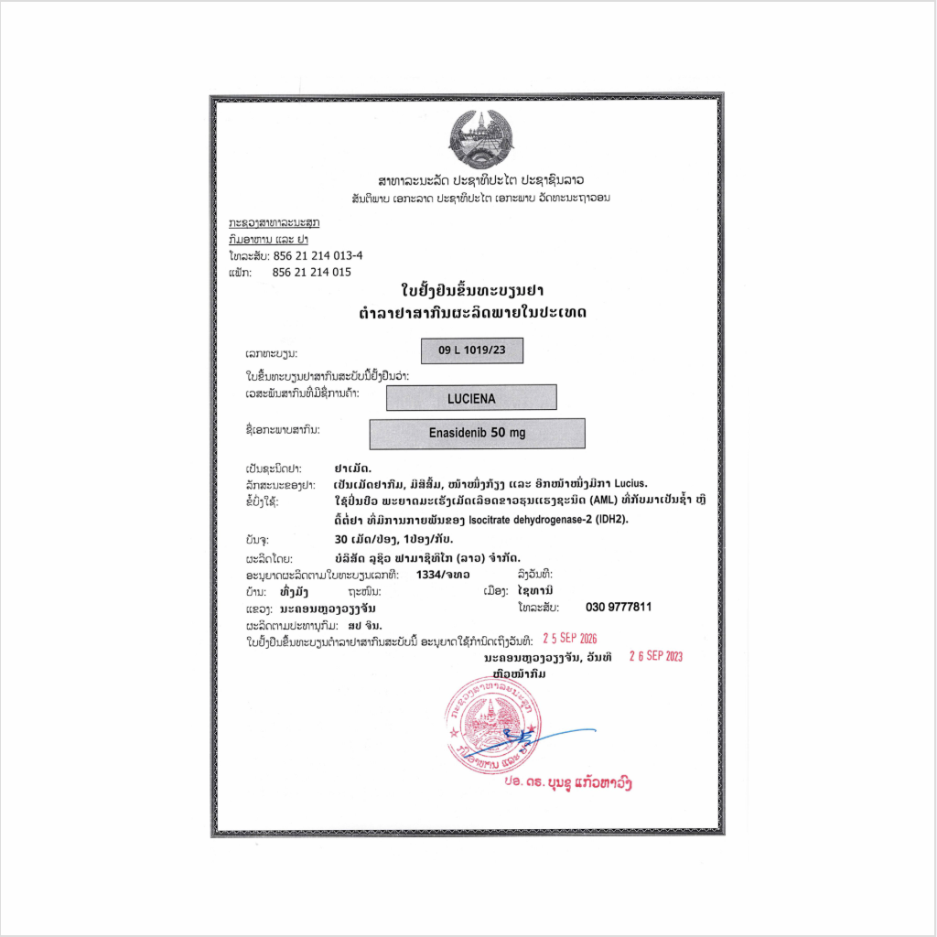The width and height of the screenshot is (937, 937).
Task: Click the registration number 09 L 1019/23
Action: [x=471, y=350]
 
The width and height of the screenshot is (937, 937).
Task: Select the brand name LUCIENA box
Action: [x=471, y=398]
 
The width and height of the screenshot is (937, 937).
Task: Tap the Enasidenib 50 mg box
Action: [x=477, y=434]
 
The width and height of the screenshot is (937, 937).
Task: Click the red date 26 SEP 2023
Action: [x=656, y=656]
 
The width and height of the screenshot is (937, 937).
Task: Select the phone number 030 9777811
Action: [x=619, y=608]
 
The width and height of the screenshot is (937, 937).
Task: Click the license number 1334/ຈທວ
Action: [x=443, y=574]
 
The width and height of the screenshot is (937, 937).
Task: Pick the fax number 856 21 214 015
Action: [x=312, y=273]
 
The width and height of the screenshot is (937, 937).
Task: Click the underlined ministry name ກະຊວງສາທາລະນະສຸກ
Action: [x=274, y=222]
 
